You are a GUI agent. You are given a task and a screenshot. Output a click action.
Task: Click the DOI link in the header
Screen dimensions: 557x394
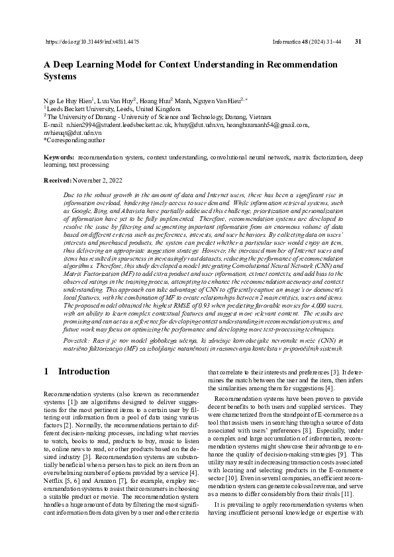click(92, 42)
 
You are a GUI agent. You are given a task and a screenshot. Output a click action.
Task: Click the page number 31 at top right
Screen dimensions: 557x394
click(358, 42)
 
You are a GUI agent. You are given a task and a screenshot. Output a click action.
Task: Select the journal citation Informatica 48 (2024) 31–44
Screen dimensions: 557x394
click(307, 42)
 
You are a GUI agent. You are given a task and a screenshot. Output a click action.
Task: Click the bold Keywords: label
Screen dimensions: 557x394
click(58, 157)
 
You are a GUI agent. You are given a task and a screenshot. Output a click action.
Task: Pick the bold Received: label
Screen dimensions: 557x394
click(58, 180)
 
